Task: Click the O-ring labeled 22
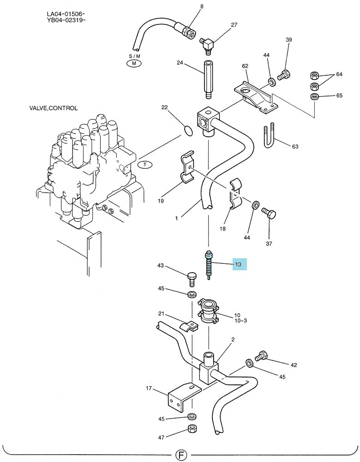pyautogui.click(x=188, y=131)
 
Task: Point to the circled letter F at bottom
pyautogui.click(x=181, y=455)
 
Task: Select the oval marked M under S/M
pyautogui.click(x=134, y=63)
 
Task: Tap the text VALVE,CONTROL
pyautogui.click(x=53, y=108)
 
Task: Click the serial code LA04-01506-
pyautogui.click(x=66, y=14)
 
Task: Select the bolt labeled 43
pyautogui.click(x=191, y=279)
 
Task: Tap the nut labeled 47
pyautogui.click(x=192, y=429)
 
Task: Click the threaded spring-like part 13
pyautogui.click(x=209, y=264)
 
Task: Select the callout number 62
pyautogui.click(x=245, y=66)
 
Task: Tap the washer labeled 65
pyautogui.click(x=314, y=96)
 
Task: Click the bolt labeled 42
pyautogui.click(x=261, y=356)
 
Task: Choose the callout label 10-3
pyautogui.click(x=240, y=321)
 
